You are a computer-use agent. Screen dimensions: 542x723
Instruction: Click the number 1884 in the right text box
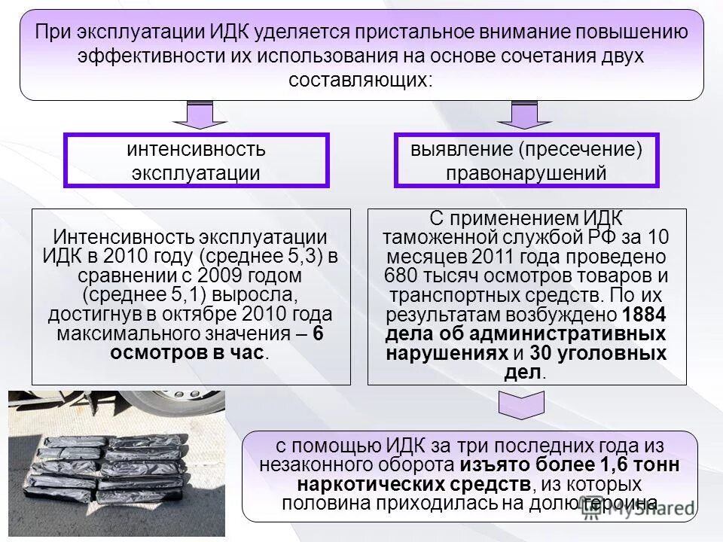pyautogui.click(x=645, y=314)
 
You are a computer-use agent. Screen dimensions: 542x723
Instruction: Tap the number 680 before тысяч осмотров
pyautogui.click(x=399, y=275)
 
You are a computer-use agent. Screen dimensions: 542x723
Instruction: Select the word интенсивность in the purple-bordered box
pyautogui.click(x=196, y=149)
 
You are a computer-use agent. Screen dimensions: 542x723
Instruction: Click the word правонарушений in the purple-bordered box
pyautogui.click(x=526, y=173)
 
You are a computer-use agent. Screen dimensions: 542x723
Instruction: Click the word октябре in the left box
pyautogui.click(x=218, y=314)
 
